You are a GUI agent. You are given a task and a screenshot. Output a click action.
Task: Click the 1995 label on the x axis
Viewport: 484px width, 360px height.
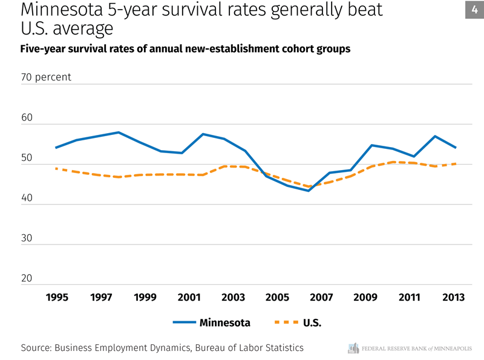coord(57,297)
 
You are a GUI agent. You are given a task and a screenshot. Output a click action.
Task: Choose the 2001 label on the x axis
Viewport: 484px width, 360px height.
coord(189,297)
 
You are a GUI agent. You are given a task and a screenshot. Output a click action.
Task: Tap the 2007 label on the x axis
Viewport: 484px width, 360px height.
coord(321,297)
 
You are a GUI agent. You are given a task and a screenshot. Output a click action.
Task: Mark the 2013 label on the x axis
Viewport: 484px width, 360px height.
coord(453,297)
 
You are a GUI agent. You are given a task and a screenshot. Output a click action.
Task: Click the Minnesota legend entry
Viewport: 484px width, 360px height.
coord(224,322)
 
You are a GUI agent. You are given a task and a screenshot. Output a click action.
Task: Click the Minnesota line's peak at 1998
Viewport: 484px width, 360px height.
coord(119,133)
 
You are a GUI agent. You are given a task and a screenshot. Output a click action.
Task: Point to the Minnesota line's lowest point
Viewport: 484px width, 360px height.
coord(309,191)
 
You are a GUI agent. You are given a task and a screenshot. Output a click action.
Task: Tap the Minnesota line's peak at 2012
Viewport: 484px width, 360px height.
coord(435,136)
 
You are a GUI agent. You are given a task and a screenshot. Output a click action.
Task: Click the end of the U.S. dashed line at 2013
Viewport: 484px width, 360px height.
coord(455,163)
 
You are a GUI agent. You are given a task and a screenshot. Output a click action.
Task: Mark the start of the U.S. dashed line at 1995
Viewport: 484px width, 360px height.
coord(56,169)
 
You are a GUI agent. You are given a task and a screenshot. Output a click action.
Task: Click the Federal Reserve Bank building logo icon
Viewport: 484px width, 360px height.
coord(354,348)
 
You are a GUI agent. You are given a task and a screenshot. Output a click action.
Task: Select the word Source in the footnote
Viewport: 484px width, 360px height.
coord(36,348)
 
